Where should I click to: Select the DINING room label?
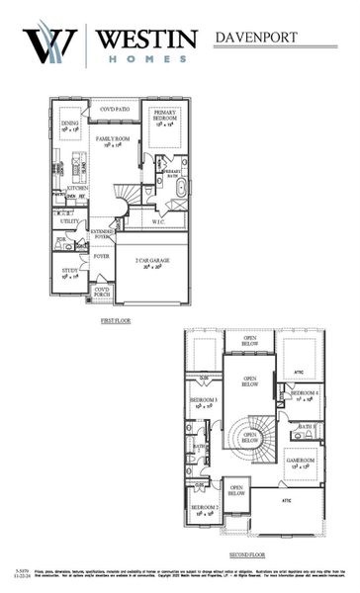tap(70, 124)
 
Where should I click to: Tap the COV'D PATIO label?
tap(115, 109)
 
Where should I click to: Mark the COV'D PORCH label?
tap(101, 292)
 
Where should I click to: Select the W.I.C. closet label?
tap(157, 222)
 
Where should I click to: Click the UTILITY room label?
tap(68, 221)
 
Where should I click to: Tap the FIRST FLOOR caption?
tap(116, 321)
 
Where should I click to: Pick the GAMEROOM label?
tap(300, 461)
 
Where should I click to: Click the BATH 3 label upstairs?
tap(306, 426)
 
